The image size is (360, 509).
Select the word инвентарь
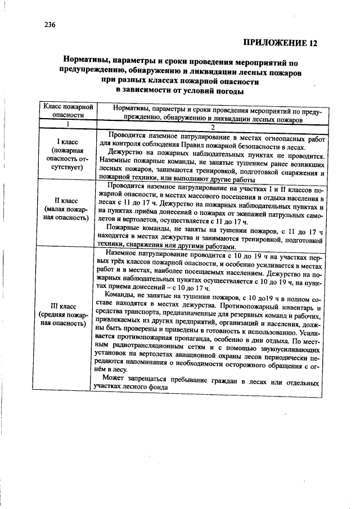tap(298, 308)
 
